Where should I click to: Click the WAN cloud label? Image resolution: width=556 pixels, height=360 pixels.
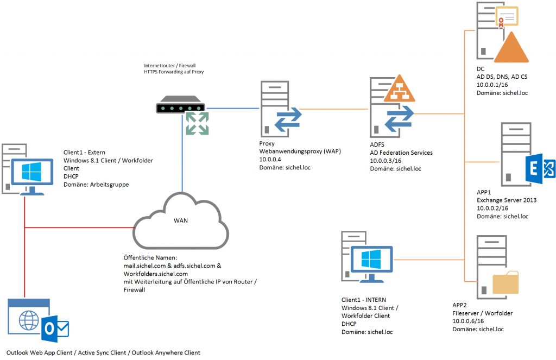tap(180, 220)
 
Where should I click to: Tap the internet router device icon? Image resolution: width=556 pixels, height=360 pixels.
tap(180, 105)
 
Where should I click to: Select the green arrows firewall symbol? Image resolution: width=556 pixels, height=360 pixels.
tap(197, 123)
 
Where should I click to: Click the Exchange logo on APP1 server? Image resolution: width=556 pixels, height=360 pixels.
tap(540, 168)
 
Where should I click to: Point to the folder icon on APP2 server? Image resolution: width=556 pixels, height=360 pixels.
tap(506, 283)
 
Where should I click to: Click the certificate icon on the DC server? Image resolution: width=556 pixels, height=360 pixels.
tap(507, 16)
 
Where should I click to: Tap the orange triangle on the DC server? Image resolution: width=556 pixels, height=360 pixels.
tap(511, 47)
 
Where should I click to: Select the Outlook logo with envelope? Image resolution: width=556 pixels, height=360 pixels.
tap(55, 329)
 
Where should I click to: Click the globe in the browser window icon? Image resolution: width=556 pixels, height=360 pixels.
tap(29, 320)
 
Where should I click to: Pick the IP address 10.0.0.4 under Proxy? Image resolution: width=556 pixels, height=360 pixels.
tap(270, 159)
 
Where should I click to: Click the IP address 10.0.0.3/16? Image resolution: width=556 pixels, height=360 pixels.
tap(386, 161)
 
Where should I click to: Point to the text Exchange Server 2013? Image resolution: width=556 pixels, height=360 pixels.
tap(507, 200)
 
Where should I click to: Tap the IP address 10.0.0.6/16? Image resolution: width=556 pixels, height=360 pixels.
tap(468, 321)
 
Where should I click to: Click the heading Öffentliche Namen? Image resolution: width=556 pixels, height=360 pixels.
tap(150, 257)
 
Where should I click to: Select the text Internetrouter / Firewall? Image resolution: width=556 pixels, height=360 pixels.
tap(169, 66)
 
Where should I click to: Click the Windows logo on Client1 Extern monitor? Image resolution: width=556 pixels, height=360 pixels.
tap(31, 172)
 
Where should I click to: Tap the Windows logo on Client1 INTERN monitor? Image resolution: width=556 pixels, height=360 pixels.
tap(371, 258)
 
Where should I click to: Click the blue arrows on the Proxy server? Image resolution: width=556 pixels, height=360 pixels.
tap(288, 119)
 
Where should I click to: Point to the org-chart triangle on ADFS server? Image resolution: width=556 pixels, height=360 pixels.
tap(400, 89)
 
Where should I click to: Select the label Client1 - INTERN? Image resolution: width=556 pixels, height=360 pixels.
tap(364, 300)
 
